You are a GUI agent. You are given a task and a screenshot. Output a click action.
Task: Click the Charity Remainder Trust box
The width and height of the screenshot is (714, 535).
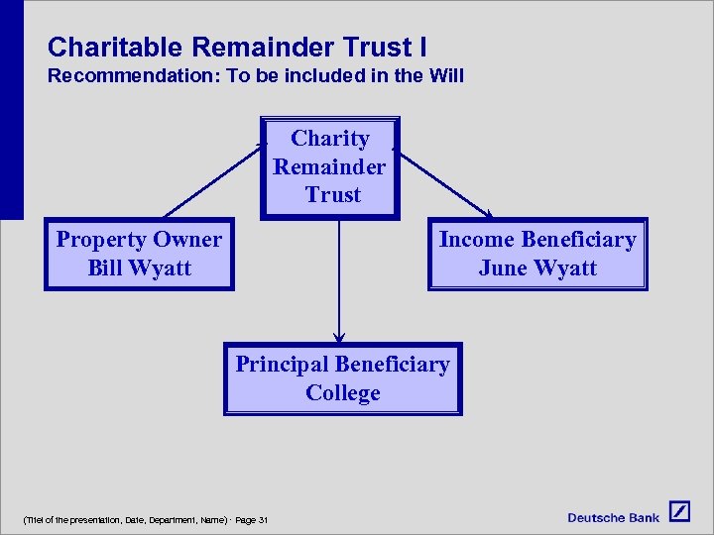(329, 167)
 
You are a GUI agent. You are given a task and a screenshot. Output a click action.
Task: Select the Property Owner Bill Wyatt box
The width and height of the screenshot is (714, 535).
(139, 254)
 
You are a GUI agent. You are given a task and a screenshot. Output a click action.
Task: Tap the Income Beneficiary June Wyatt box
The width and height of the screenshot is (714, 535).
(536, 254)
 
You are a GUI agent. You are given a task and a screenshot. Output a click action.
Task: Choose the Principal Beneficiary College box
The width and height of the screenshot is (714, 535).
(342, 378)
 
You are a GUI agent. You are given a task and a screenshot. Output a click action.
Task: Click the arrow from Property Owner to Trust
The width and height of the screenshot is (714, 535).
(213, 179)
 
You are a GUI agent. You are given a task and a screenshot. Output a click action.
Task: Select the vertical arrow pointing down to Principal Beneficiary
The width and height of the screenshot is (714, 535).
(339, 282)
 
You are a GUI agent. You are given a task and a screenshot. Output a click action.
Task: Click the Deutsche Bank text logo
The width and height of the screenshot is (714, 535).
(613, 517)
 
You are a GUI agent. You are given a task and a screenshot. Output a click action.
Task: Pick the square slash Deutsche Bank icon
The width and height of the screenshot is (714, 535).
(679, 512)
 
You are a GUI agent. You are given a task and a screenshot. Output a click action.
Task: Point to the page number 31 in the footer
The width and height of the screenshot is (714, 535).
(263, 520)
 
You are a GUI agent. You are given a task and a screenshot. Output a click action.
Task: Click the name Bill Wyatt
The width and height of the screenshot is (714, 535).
(139, 268)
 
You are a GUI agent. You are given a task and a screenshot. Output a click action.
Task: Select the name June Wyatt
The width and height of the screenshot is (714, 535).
(536, 268)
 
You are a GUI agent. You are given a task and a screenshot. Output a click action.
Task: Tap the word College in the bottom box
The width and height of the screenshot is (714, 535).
(342, 393)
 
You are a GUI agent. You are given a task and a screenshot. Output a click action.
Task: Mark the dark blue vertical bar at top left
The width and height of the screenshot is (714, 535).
(11, 109)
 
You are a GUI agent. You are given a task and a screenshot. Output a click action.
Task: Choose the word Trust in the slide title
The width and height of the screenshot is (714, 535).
(375, 47)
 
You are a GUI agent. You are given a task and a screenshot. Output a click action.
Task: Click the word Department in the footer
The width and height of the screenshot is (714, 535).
(174, 520)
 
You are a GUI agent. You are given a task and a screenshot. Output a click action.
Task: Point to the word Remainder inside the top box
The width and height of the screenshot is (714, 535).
(329, 166)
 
